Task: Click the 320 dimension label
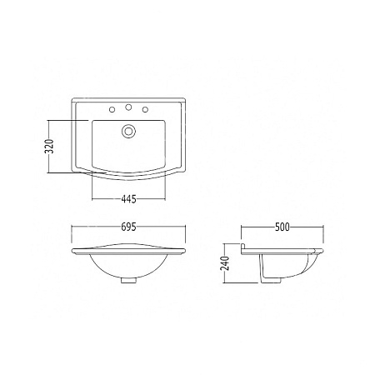point(49,146)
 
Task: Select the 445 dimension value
point(128,199)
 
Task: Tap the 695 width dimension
point(128,227)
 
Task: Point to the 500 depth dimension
point(282,227)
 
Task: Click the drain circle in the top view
point(128,131)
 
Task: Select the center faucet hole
point(128,107)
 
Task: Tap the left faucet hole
point(112,110)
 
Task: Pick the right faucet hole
point(145,110)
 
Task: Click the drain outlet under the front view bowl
point(128,280)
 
